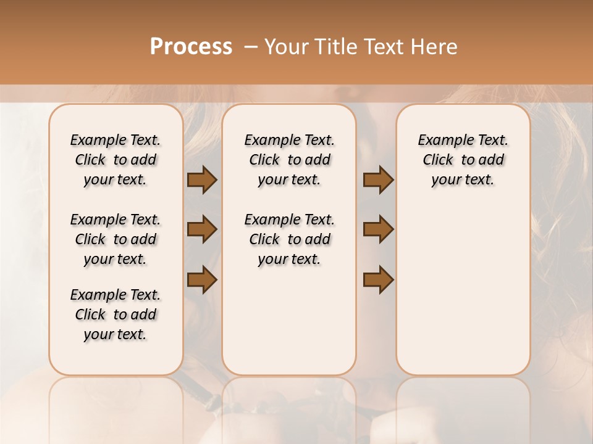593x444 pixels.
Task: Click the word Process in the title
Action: click(191, 47)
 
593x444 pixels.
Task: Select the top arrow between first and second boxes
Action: click(202, 180)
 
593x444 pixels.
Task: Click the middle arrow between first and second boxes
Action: click(202, 230)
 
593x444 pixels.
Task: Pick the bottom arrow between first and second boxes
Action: click(202, 279)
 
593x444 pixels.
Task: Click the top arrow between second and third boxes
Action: click(378, 180)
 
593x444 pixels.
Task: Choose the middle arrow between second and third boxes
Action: click(378, 230)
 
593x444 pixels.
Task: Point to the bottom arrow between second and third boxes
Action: click(378, 279)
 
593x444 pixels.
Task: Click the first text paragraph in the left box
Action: click(116, 160)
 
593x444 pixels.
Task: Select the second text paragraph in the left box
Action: click(116, 239)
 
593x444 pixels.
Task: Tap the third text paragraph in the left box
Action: click(116, 314)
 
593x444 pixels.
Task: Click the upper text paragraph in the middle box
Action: click(289, 160)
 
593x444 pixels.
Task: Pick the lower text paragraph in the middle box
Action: click(289, 239)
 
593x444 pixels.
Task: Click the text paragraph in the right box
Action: click(463, 160)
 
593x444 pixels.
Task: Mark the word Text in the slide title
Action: click(384, 47)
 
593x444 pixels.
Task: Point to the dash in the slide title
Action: click(250, 47)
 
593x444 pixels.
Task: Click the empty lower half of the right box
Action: click(463, 296)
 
